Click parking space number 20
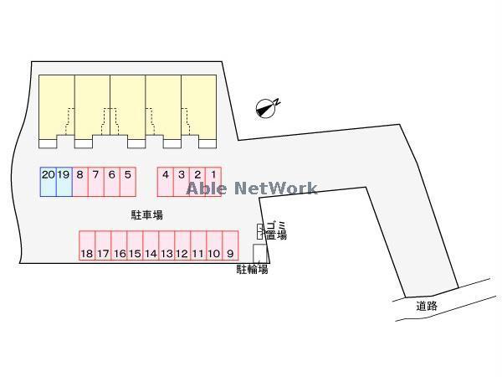coord(48,182)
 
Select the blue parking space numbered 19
coord(64,182)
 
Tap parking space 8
coord(79,182)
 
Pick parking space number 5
coord(127,182)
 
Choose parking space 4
coord(166,182)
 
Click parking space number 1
coord(213,182)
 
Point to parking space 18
coord(86,245)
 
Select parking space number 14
coord(151,245)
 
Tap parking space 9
coord(230,245)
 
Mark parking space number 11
coord(198,245)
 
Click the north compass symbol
coord(267,106)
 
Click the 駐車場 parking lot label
coord(146,215)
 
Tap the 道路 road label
coord(427,306)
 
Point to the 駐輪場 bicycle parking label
coord(251,270)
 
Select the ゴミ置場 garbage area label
coord(275,230)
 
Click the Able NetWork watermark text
coord(251,188)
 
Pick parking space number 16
coord(119,245)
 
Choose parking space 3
coord(182,182)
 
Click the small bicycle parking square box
coord(259,253)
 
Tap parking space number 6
coord(111,182)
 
